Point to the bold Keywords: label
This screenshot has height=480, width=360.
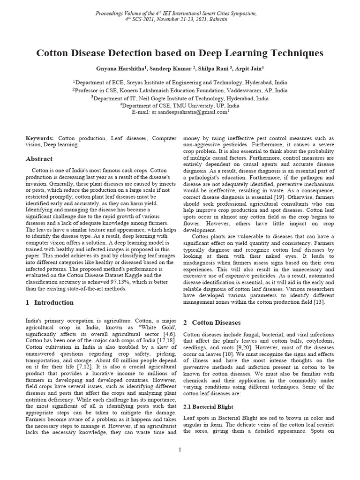(x=40, y=139)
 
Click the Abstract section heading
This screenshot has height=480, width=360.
(x=39, y=159)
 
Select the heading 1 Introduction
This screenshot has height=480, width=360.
(x=49, y=302)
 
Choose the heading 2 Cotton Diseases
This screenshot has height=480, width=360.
(x=212, y=322)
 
